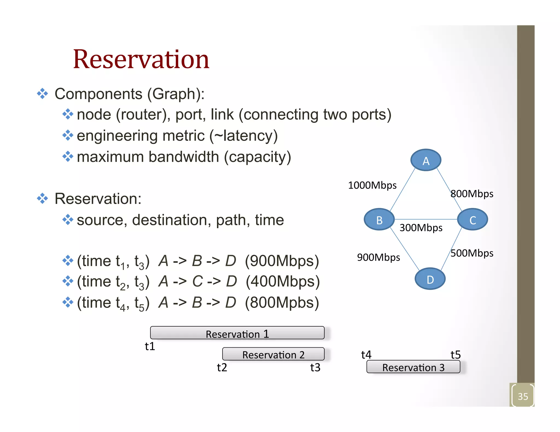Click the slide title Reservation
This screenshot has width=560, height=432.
(141, 59)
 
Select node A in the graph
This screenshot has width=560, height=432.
(426, 160)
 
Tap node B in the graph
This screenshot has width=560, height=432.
(379, 220)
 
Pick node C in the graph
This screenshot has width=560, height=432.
(472, 220)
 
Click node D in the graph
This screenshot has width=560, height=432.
(430, 279)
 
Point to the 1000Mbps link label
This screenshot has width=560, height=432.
(372, 185)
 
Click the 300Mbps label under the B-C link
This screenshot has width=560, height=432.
(421, 228)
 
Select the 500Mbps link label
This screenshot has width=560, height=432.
(472, 253)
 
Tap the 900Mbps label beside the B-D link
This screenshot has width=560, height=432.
(378, 257)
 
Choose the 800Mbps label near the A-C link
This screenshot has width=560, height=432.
(472, 194)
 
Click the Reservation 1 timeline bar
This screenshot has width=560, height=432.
(237, 333)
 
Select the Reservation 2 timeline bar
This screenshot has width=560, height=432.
(273, 354)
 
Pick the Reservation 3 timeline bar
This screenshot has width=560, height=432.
(413, 367)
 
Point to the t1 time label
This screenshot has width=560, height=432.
(150, 346)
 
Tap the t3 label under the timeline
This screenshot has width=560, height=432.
(315, 368)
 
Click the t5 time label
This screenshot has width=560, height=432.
(456, 355)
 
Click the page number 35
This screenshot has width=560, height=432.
(523, 396)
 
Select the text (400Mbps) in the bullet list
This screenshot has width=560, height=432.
(283, 282)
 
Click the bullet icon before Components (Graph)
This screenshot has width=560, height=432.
(42, 94)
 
